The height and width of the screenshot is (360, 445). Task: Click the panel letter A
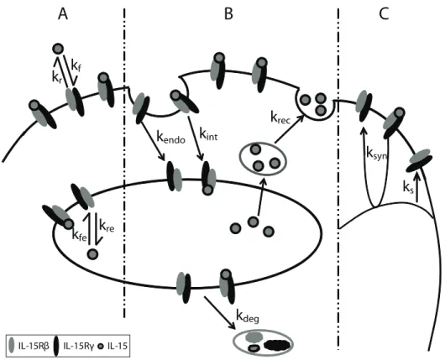[63, 14]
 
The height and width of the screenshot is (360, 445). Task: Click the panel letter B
[228, 14]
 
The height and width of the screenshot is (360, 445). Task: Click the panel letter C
[384, 14]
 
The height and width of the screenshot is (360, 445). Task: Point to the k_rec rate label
[280, 117]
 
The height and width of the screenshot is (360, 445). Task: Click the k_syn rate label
[377, 154]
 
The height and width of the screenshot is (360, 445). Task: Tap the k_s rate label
[408, 188]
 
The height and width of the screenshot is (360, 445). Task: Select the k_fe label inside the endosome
[80, 235]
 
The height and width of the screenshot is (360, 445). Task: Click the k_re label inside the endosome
[107, 226]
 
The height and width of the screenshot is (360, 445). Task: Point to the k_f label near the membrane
[76, 67]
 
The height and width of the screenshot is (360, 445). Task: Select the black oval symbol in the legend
[56, 346]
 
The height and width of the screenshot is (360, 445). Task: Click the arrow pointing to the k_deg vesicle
[220, 313]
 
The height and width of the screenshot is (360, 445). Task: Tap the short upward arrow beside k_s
[417, 188]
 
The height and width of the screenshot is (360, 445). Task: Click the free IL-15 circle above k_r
[58, 49]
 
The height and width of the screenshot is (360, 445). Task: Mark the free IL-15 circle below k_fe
[92, 253]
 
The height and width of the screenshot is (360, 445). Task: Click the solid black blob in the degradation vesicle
[278, 345]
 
